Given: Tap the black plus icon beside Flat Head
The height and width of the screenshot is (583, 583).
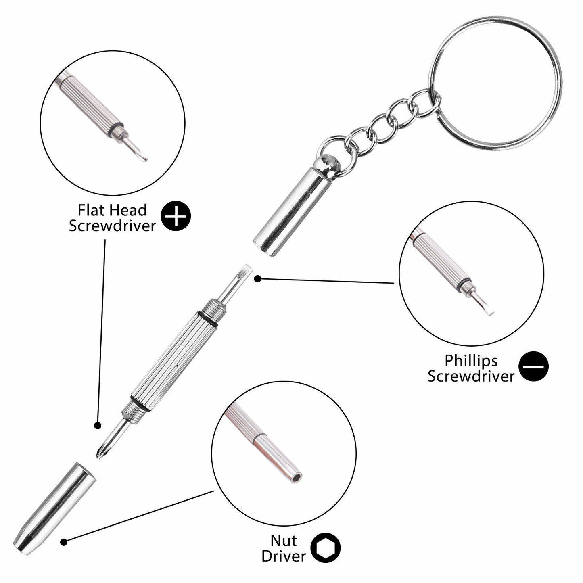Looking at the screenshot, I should [176, 217].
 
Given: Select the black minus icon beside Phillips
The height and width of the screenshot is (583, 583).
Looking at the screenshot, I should [533, 367].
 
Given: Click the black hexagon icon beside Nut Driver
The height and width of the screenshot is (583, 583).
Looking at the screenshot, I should [325, 548].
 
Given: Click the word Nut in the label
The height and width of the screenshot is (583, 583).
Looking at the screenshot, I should [284, 540].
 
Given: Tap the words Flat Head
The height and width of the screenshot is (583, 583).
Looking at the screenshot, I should [112, 210].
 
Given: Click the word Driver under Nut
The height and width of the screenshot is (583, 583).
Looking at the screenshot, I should [283, 556].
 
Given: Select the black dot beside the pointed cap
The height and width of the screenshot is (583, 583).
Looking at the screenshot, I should [63, 542].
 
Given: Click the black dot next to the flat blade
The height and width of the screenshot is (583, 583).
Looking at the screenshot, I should [257, 278].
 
